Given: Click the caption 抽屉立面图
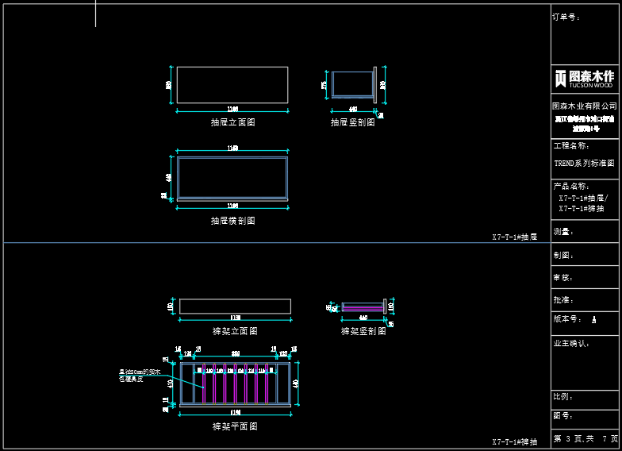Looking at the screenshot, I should click(x=232, y=122).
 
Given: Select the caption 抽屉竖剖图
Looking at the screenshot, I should click(x=353, y=122).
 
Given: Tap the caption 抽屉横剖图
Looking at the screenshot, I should click(x=232, y=221).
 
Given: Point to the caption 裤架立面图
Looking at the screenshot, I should click(x=235, y=331).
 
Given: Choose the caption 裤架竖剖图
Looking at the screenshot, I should click(x=363, y=331).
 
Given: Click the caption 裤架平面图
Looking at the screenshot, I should click(x=235, y=426).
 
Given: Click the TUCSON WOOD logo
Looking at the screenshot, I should click(x=585, y=78).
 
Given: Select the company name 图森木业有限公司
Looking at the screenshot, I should click(x=585, y=106).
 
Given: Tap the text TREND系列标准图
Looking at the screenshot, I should click(x=584, y=163).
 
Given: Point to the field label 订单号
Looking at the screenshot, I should click(x=566, y=17).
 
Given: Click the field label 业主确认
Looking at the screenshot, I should click(x=572, y=343).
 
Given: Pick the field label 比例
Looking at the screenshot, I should click(x=563, y=396).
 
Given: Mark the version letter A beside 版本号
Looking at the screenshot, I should click(x=593, y=319).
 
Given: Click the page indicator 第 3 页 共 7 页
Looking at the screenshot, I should click(x=586, y=438).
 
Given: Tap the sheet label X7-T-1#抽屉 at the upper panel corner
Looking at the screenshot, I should click(x=514, y=237).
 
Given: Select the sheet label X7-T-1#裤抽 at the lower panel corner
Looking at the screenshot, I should click(x=514, y=441).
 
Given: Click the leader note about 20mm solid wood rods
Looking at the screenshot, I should click(x=140, y=375).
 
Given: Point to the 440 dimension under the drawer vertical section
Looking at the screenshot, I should click(x=353, y=109).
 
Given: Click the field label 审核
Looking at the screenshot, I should click(x=563, y=278).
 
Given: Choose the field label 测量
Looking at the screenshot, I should click(x=563, y=232).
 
